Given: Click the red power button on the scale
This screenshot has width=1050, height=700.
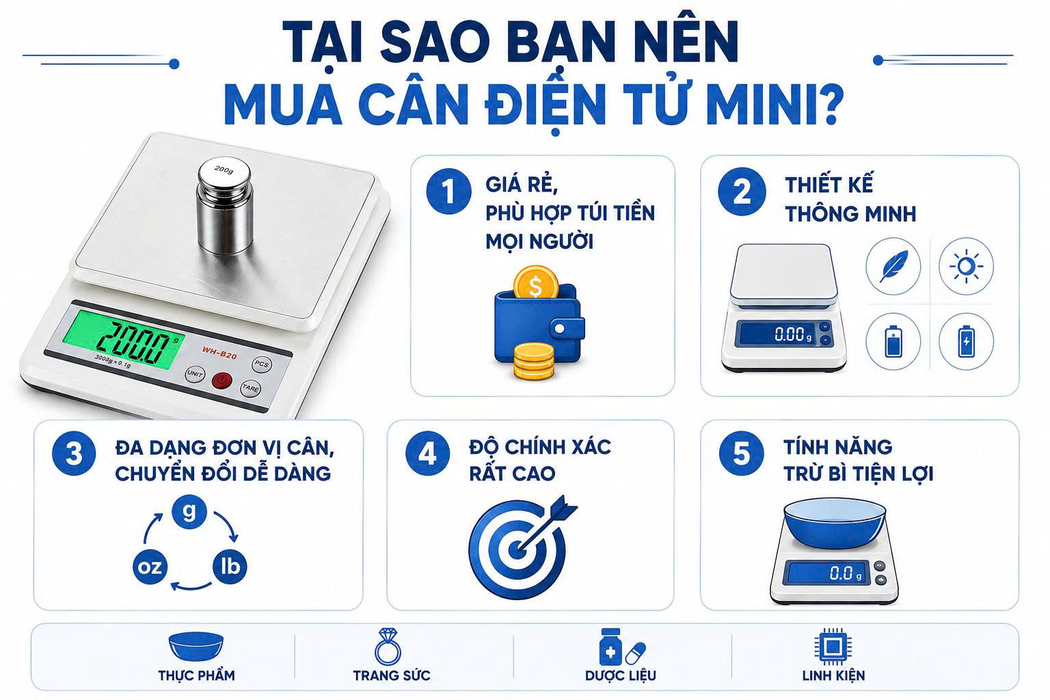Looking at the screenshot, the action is (x=221, y=380).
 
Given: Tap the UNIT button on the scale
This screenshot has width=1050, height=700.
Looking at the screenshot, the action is (x=195, y=374).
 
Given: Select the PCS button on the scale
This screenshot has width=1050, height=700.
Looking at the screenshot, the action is (x=262, y=364).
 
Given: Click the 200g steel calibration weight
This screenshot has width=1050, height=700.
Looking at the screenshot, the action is (x=225, y=205).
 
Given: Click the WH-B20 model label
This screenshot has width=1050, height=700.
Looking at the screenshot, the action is (x=219, y=352).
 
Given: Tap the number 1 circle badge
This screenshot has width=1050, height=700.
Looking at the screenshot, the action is (x=448, y=191).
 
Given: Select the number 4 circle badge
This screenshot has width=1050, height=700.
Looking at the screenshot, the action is (x=427, y=453).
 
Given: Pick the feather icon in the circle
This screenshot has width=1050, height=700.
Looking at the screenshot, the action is (x=893, y=267).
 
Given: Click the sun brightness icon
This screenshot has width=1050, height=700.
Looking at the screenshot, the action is (x=966, y=267).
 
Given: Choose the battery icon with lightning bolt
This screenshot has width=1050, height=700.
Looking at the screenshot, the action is (x=966, y=341).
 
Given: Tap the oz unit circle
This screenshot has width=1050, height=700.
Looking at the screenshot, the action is (x=150, y=567).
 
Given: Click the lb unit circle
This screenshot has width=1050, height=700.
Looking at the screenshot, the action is (x=230, y=567).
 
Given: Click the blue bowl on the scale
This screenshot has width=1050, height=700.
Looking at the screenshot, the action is (x=835, y=523).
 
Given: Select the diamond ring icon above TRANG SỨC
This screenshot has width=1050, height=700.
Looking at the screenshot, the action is (x=387, y=646).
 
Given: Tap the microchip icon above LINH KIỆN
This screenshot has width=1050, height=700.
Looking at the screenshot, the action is (x=833, y=647).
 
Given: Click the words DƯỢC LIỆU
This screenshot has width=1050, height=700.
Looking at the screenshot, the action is (x=620, y=675).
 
